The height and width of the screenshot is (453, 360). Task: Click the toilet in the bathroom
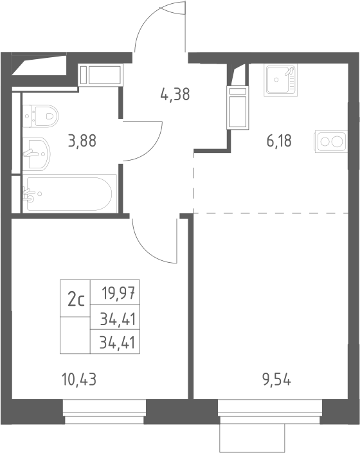(40, 116)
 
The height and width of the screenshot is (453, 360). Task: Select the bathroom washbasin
(37, 154)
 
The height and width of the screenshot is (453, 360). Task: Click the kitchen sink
(280, 80)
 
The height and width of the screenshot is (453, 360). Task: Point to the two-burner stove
(331, 141)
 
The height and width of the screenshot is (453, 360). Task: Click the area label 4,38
(175, 94)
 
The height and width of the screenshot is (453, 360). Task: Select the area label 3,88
(82, 141)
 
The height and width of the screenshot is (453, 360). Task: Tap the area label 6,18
(279, 141)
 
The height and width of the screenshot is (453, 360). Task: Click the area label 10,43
(79, 379)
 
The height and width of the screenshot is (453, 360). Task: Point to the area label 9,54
(276, 379)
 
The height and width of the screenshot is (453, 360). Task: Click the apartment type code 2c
(76, 300)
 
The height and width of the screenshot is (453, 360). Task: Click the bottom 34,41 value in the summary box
(117, 342)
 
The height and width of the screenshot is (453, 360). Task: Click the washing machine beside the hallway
(100, 75)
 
